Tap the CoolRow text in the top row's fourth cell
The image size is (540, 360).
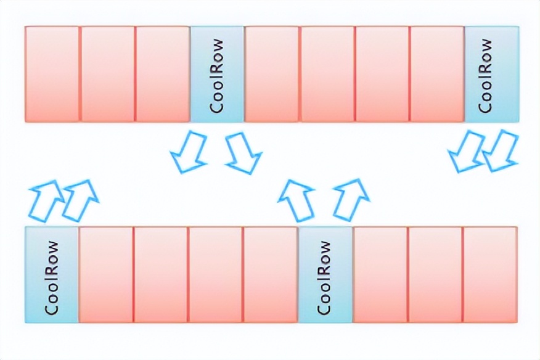tap(217, 74)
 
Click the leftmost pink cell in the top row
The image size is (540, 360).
tap(52, 74)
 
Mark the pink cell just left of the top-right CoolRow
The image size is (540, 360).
tap(437, 74)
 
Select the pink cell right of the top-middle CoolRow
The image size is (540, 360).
tap(272, 74)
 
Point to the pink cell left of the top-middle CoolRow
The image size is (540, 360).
tap(162, 74)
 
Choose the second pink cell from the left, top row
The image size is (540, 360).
tap(107, 74)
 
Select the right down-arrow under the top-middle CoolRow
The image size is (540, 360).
tap(243, 152)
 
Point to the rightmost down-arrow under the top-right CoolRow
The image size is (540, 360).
tap(501, 152)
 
